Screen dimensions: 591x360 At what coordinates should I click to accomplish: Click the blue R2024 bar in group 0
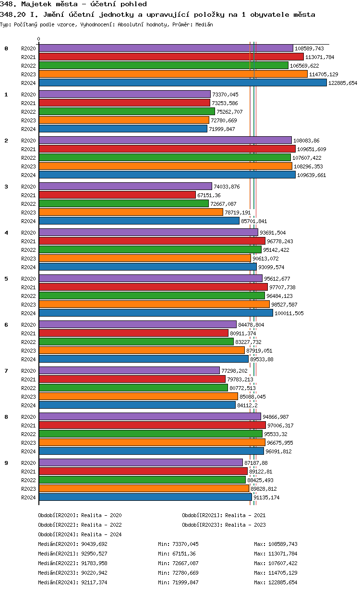pyautogui.click(x=182, y=83)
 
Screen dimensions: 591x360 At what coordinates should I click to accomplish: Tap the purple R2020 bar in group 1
pyautogui.click(x=124, y=94)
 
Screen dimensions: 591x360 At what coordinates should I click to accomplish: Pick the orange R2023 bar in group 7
pyautogui.click(x=138, y=396)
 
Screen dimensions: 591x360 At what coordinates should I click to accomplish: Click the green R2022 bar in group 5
pyautogui.click(x=152, y=295)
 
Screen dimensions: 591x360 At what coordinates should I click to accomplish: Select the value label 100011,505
pyautogui.click(x=289, y=313)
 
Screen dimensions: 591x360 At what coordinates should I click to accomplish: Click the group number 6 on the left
pyautogui.click(x=6, y=325)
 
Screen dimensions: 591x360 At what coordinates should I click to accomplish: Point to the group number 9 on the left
pyautogui.click(x=6, y=463)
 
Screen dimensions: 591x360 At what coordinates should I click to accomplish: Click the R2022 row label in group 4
pyautogui.click(x=28, y=250)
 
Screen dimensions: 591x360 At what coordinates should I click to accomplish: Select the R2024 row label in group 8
pyautogui.click(x=28, y=451)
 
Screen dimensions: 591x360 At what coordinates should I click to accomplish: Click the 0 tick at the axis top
pyautogui.click(x=39, y=39)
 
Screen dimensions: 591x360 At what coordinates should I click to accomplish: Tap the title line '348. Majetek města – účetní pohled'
pyautogui.click(x=73, y=4)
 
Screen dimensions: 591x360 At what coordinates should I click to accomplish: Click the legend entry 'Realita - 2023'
pyautogui.click(x=245, y=525)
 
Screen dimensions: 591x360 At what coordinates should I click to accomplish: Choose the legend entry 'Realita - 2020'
pyautogui.click(x=101, y=515)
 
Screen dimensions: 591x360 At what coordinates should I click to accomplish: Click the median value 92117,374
pyautogui.click(x=95, y=582)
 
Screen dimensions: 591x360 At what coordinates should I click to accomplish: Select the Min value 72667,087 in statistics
pyautogui.click(x=185, y=563)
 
